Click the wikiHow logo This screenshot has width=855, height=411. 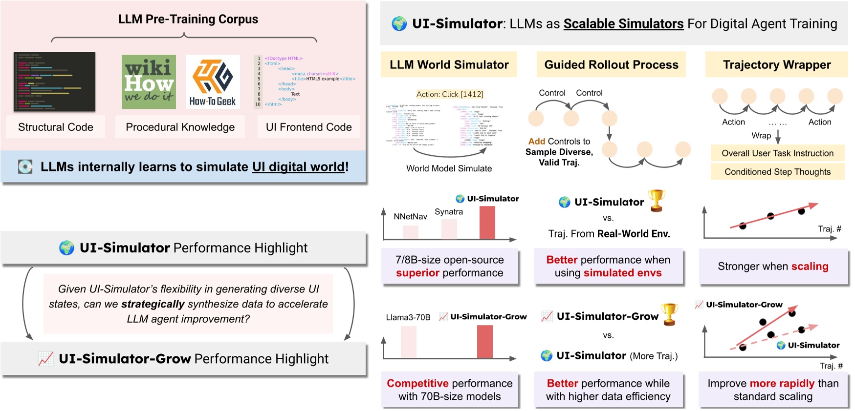click(x=149, y=82)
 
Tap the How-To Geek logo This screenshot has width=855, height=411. click(x=213, y=82)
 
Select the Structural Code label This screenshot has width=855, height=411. click(x=55, y=127)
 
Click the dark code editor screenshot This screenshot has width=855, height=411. click(x=55, y=82)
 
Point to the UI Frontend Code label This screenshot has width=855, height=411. click(x=308, y=127)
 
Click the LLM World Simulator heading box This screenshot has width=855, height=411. click(x=449, y=64)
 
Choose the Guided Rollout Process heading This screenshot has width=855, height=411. click(x=611, y=64)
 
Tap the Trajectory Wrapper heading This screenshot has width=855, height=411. click(x=776, y=64)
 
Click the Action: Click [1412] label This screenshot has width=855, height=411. click(x=450, y=94)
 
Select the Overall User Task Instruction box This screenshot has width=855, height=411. click(x=777, y=153)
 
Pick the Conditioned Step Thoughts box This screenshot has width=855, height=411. click(x=777, y=172)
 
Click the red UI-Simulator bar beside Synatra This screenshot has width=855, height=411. click(x=487, y=223)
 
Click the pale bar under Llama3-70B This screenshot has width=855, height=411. click(x=409, y=342)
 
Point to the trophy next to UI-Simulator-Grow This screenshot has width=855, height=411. click(x=669, y=314)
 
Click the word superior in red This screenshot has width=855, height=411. click(x=417, y=273)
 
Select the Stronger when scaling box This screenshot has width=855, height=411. click(x=773, y=267)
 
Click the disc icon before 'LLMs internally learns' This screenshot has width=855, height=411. click(x=25, y=167)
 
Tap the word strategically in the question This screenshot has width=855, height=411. click(x=153, y=304)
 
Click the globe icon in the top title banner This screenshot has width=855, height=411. click(x=399, y=24)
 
